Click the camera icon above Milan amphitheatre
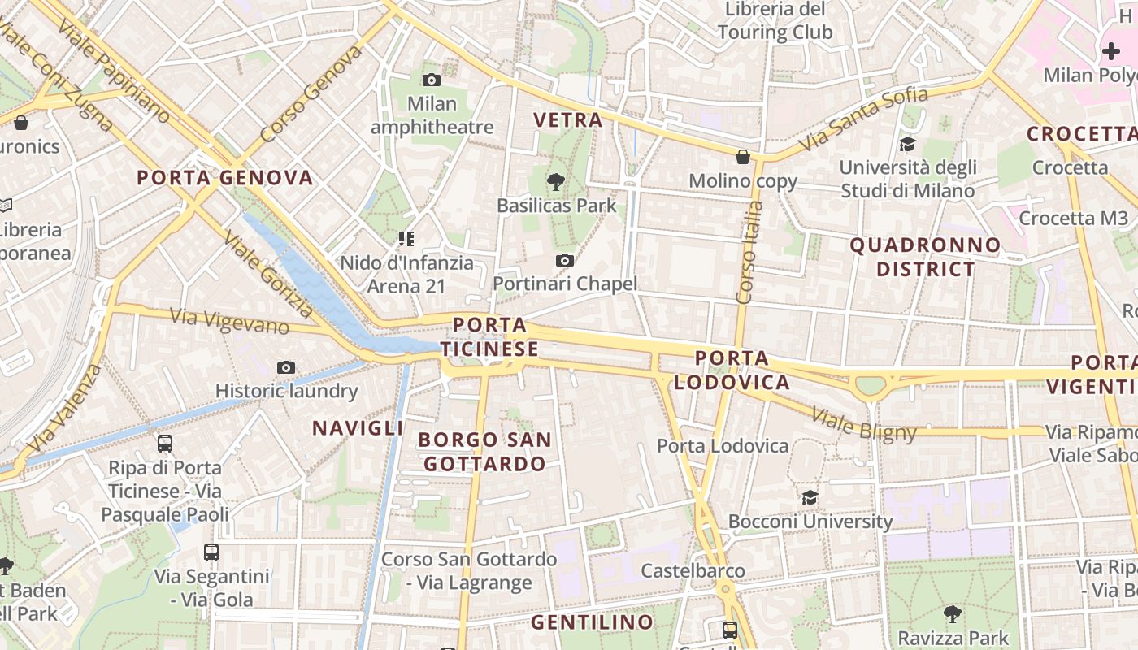coord(432,80)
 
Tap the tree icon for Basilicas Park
coord(556,181)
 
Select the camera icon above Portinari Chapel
coord(564,260)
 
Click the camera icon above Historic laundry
coord(285,367)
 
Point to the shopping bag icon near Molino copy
coord(742,157)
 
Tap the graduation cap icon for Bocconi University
coord(810,497)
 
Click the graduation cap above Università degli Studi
coord(906,144)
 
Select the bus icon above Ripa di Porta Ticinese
coord(165,443)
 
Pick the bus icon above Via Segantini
coord(211,552)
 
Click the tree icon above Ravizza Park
coord(952,613)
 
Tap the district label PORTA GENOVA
coord(224,177)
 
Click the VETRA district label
coord(567,120)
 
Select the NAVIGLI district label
coord(358,428)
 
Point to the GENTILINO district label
coord(592,622)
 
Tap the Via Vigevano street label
coord(229,321)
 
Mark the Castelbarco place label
coord(693,571)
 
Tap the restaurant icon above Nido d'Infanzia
coord(406,239)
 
